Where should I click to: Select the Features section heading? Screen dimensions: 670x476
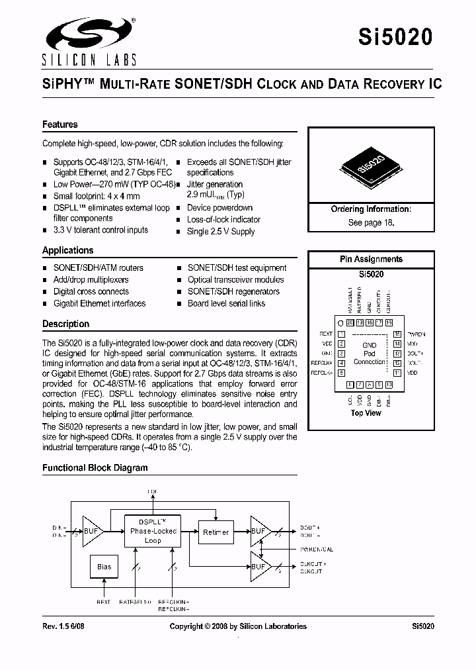point(60,124)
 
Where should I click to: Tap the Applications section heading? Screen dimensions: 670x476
point(68,250)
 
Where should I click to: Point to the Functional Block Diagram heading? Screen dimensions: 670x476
point(95,467)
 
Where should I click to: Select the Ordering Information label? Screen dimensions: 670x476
point(371,209)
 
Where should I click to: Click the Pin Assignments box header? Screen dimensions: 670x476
point(371,259)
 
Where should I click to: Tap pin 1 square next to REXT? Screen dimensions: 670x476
point(342,334)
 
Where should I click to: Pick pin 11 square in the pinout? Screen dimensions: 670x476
point(397,373)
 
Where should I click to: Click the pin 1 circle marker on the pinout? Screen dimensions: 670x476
point(340,322)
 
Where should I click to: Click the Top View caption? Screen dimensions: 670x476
point(366,413)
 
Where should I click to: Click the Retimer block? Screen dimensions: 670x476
point(216,532)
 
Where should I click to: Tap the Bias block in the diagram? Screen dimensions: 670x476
point(104,567)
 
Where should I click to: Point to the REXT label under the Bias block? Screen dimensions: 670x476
point(103,602)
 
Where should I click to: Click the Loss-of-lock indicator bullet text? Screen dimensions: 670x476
point(223,219)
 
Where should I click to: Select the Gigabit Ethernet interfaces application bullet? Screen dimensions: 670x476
point(99,303)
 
